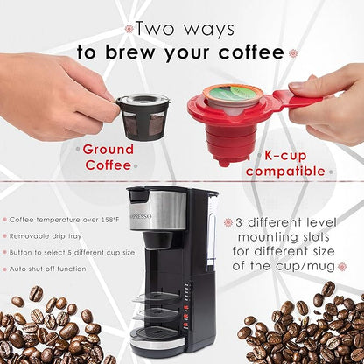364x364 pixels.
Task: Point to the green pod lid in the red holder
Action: coord(231,94)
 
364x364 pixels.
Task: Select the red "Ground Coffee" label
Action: coord(108,157)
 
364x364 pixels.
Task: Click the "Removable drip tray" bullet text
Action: coord(50,234)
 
